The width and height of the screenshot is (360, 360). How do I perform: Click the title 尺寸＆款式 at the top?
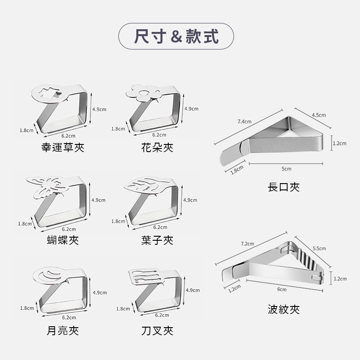click(x=176, y=36)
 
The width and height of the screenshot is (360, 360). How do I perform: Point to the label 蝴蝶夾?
click(x=63, y=240)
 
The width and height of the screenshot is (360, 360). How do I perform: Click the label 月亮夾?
click(x=63, y=331)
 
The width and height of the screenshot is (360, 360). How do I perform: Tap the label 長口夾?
click(x=283, y=187)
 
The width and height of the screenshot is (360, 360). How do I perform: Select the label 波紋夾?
click(x=283, y=309)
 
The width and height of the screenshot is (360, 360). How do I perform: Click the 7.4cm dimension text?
click(x=244, y=121)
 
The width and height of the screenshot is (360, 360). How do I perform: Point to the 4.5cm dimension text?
click(x=319, y=115)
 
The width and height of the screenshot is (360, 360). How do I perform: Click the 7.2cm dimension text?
click(x=247, y=243)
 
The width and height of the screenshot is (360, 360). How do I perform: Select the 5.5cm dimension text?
click(x=319, y=248)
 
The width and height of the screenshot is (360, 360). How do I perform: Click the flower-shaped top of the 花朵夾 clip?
click(x=143, y=93)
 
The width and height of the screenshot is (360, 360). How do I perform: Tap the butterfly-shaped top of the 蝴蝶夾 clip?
click(x=46, y=184)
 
